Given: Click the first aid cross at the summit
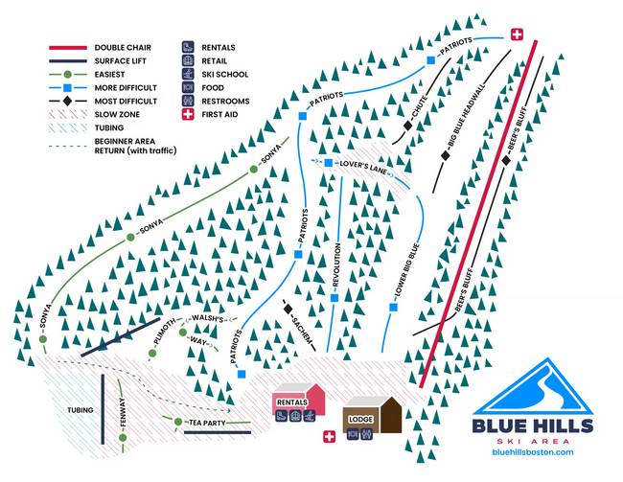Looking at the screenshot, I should point(519,34).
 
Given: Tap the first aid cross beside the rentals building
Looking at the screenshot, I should point(331,437).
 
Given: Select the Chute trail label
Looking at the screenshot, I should point(419,111).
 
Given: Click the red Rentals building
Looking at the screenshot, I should point(298,402).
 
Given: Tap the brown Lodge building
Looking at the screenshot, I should point(370,418).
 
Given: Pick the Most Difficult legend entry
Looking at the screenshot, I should point(126,100).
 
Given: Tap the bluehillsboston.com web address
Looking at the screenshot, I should point(532,451).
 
